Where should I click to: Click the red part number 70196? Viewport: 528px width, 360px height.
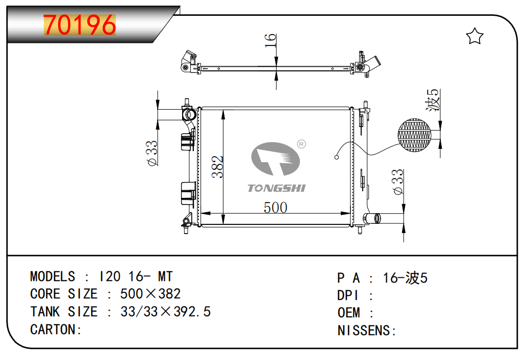[x=80, y=25]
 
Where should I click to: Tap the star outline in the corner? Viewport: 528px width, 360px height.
[x=474, y=36]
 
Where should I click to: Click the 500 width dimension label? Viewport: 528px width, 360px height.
[x=275, y=208]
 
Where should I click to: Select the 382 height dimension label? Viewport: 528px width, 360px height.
[x=217, y=167]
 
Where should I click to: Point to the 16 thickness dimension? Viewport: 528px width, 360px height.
[x=270, y=41]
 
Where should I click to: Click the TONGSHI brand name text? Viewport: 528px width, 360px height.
[x=276, y=188]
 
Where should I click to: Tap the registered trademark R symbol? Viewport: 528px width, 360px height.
[x=301, y=144]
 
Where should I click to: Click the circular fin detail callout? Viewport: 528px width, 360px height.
[x=414, y=135]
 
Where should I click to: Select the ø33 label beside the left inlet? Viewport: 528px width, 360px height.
[x=152, y=153]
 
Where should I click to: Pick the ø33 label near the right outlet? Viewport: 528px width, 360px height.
[x=398, y=182]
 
